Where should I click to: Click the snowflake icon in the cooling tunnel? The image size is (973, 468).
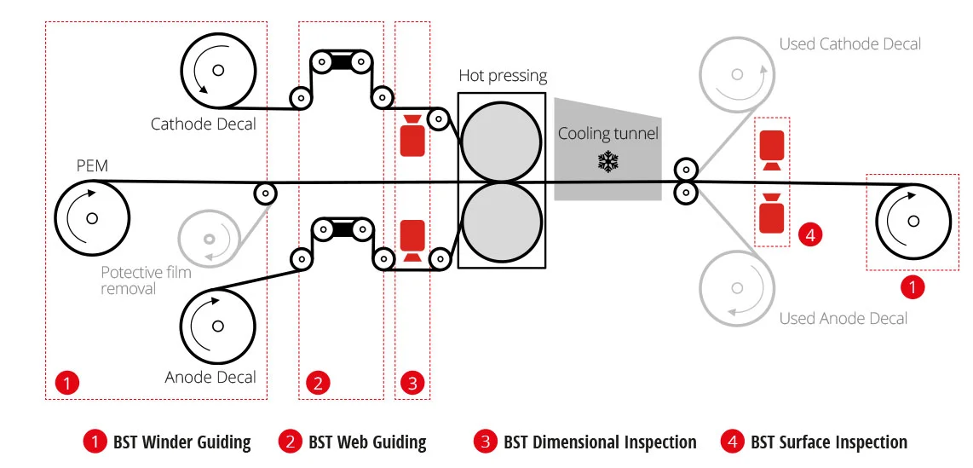pyautogui.click(x=608, y=162)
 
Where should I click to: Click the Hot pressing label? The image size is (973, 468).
pyautogui.click(x=503, y=76)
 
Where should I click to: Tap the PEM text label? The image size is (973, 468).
pyautogui.click(x=92, y=166)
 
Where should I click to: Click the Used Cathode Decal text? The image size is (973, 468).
pyautogui.click(x=849, y=44)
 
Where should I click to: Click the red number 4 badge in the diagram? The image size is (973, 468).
pyautogui.click(x=809, y=234)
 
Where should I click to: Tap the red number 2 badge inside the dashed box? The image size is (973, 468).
pyautogui.click(x=318, y=383)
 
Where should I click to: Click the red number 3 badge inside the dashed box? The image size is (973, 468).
pyautogui.click(x=412, y=383)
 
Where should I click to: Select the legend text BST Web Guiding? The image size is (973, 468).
pyautogui.click(x=367, y=442)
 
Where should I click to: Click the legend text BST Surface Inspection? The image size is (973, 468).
pyautogui.click(x=829, y=442)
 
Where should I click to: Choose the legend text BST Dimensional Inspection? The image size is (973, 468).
pyautogui.click(x=600, y=442)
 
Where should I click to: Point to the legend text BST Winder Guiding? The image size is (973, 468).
pyautogui.click(x=181, y=442)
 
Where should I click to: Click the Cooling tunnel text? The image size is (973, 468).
pyautogui.click(x=608, y=134)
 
